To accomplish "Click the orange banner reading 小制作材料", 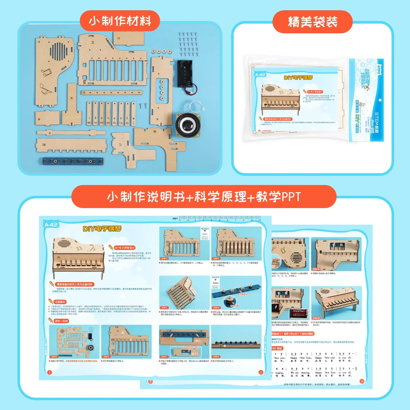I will pyautogui.click(x=120, y=21).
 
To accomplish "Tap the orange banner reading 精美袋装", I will pyautogui.click(x=312, y=22).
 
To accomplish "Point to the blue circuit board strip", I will pyautogui.click(x=73, y=161).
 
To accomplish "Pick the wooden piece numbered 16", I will pyautogui.click(x=159, y=142).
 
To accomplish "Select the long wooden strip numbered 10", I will pyautogui.click(x=112, y=92).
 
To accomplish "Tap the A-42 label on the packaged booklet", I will pyautogui.click(x=260, y=75).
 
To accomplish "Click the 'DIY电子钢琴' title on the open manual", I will pyautogui.click(x=102, y=229).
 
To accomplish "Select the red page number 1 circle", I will pyautogui.click(x=49, y=372).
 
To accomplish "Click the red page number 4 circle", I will pyautogui.click(x=362, y=381).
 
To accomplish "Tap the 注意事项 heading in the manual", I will pyautogui.click(x=60, y=302).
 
